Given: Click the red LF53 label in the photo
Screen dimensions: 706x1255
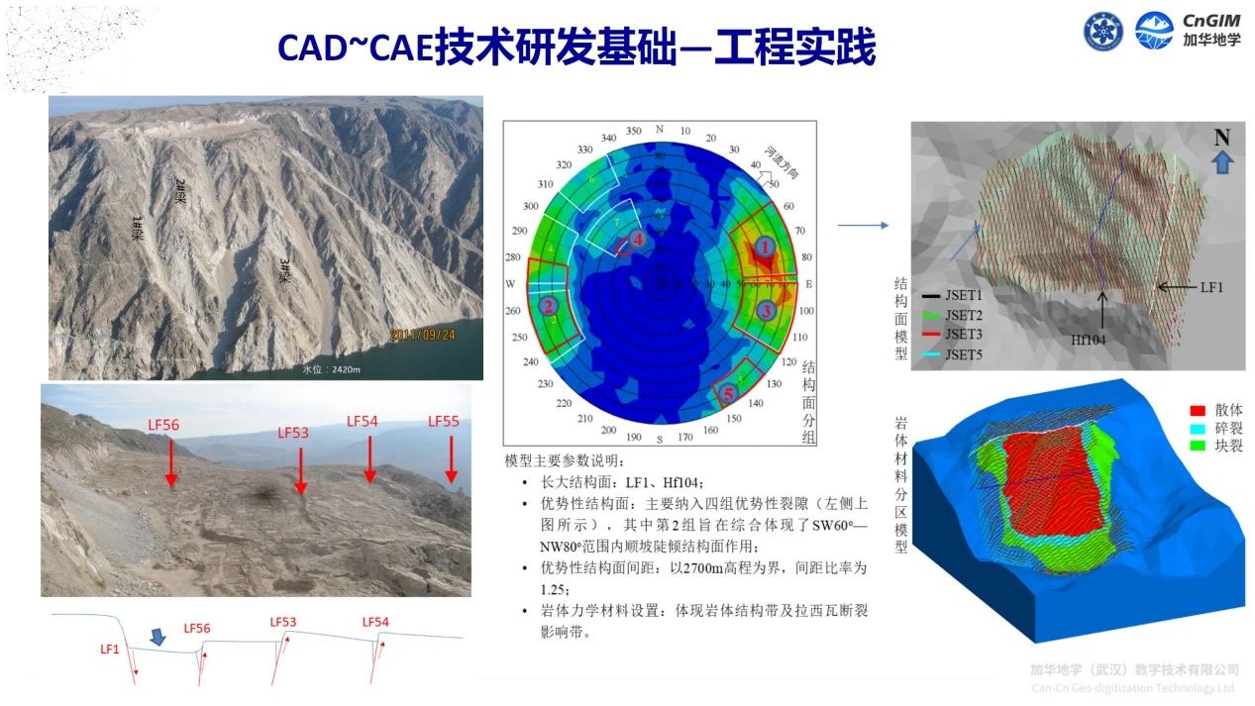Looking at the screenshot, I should point(293,433).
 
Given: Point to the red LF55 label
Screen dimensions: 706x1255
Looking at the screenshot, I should point(444,421).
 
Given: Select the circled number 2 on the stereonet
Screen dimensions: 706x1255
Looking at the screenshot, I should point(548,307).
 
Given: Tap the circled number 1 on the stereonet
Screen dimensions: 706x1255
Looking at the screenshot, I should point(762,245).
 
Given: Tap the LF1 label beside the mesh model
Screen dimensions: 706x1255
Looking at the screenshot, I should point(1211,286).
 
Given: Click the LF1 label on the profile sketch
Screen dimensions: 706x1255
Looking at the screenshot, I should point(110,650).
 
